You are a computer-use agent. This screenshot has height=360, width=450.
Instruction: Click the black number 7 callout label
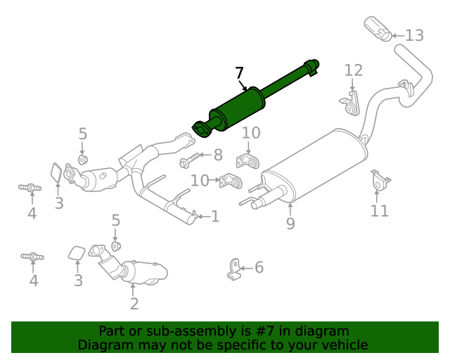point(240,73)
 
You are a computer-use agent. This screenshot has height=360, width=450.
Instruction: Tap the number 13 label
point(414,35)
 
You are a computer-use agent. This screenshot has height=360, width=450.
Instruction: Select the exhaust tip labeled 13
point(379,30)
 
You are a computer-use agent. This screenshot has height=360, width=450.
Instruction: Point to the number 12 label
point(353,70)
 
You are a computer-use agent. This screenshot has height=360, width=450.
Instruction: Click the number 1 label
point(215,217)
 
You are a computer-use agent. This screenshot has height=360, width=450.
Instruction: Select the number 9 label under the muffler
point(290,224)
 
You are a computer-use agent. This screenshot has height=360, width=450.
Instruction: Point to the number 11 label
point(380,210)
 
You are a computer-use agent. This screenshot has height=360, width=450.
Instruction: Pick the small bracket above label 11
point(380,181)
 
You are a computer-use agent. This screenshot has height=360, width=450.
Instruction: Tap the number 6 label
point(259,267)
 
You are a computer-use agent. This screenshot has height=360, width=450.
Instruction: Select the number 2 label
point(134,304)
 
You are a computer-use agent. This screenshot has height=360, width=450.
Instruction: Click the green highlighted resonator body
point(238,108)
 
